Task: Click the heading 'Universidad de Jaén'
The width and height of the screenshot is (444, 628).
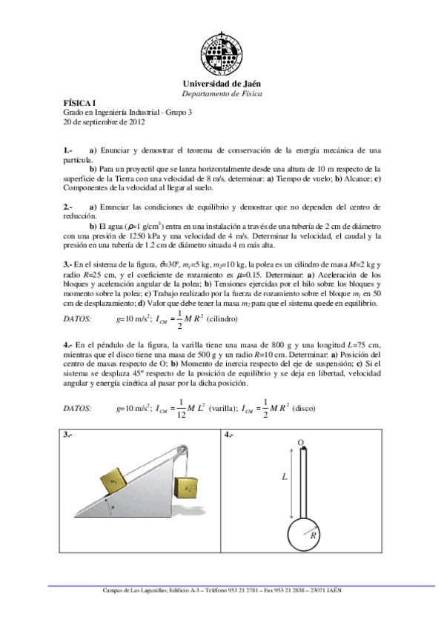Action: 222,85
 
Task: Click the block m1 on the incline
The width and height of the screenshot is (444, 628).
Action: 112,479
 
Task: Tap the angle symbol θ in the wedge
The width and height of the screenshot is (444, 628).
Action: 111,507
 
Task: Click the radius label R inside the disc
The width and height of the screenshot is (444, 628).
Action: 314,534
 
